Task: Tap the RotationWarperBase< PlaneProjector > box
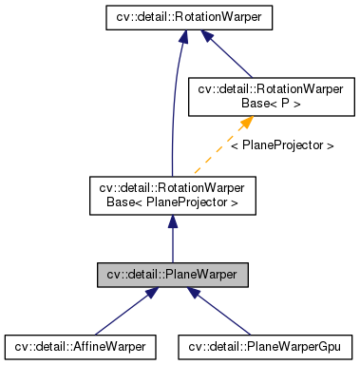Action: tap(171, 193)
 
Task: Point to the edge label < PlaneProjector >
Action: tap(282, 146)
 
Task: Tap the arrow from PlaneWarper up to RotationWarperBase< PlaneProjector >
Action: tap(172, 240)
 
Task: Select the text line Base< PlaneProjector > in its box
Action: tap(171, 201)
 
